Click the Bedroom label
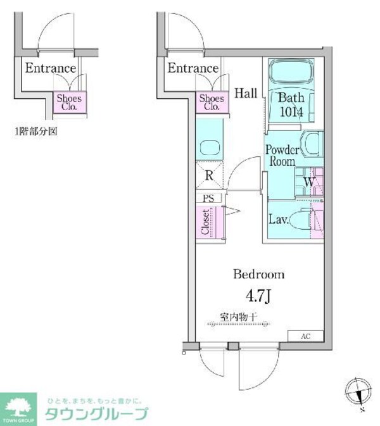tap(258, 275)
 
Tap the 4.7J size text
tap(259, 294)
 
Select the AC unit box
tap(306, 336)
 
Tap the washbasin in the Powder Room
tap(312, 144)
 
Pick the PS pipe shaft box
tap(208, 198)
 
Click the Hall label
tap(246, 94)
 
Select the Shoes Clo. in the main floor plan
tap(212, 103)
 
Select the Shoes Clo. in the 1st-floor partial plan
tap(69, 103)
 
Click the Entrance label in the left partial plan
tap(50, 68)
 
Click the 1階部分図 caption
tap(35, 132)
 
